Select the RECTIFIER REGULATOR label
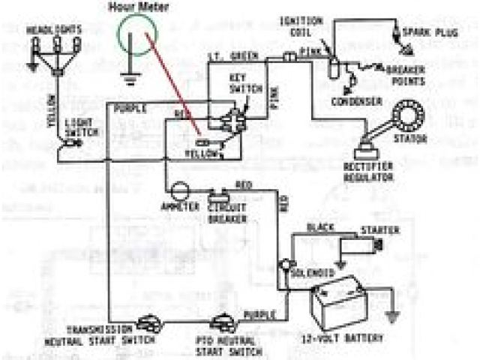[368, 172]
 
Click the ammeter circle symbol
[178, 192]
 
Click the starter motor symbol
[362, 245]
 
